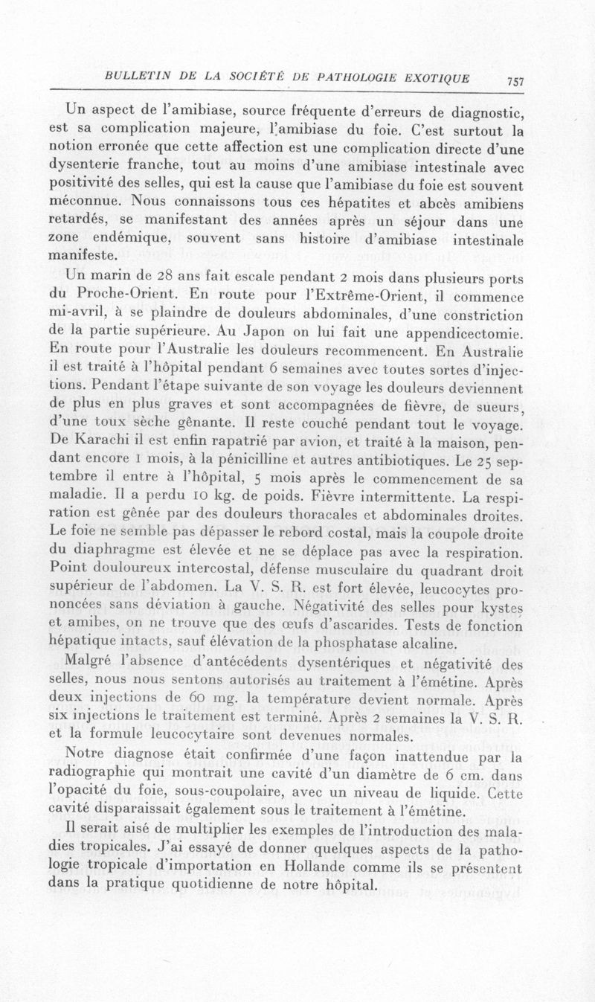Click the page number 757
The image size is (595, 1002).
click(x=515, y=82)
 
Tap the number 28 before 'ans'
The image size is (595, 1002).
click(x=158, y=276)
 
